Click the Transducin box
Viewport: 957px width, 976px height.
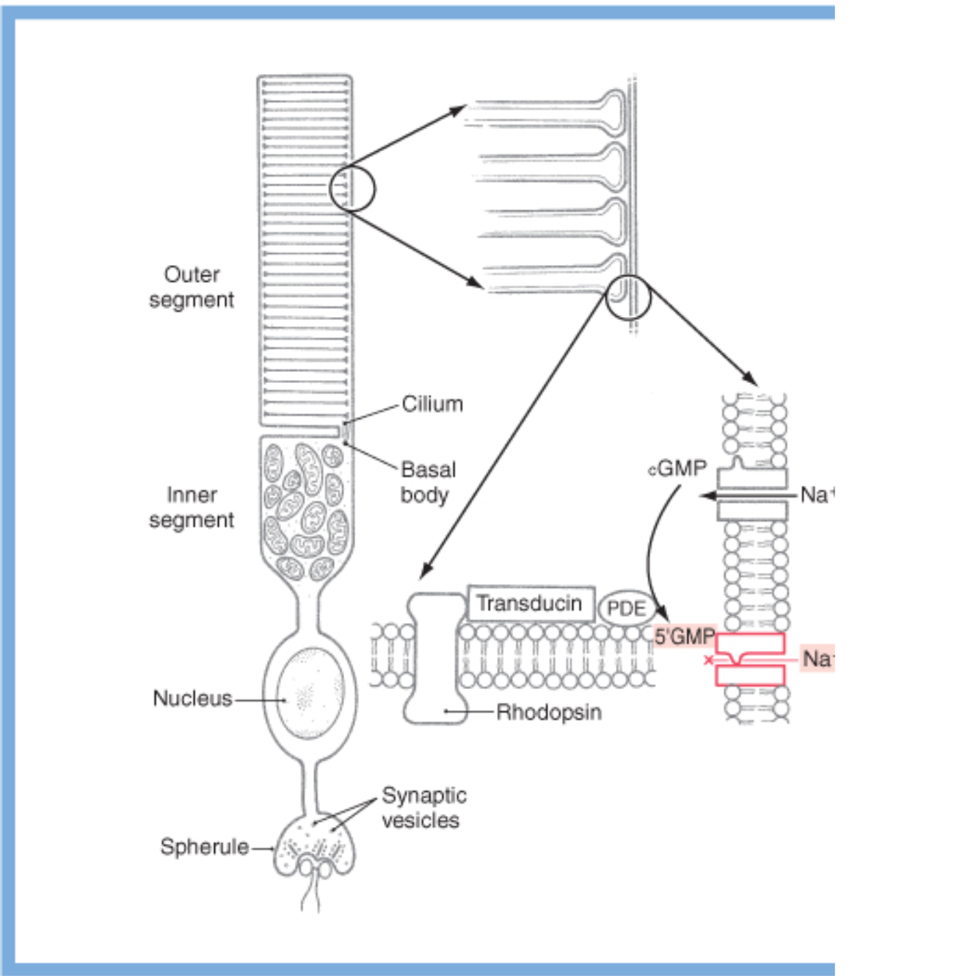pyautogui.click(x=530, y=603)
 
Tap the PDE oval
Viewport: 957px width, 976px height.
pyautogui.click(x=626, y=608)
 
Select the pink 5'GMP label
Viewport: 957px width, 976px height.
pyautogui.click(x=684, y=636)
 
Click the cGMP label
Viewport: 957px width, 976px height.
pyautogui.click(x=677, y=468)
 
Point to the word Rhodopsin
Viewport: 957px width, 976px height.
pyautogui.click(x=549, y=712)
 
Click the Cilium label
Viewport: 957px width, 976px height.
pyautogui.click(x=432, y=404)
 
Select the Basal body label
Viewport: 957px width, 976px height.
pyautogui.click(x=427, y=482)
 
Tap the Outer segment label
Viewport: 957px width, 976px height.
pyautogui.click(x=192, y=287)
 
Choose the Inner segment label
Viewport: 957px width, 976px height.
pyautogui.click(x=192, y=507)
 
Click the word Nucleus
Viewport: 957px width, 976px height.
pyautogui.click(x=192, y=698)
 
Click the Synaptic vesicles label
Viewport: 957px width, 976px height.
pyautogui.click(x=423, y=807)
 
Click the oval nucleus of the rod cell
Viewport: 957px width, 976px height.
pyautogui.click(x=310, y=694)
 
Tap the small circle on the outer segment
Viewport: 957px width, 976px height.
pyautogui.click(x=352, y=189)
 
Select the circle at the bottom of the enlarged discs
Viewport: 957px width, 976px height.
pyautogui.click(x=628, y=297)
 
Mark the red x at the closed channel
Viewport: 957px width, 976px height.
pyautogui.click(x=708, y=660)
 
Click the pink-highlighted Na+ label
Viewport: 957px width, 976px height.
pyautogui.click(x=817, y=658)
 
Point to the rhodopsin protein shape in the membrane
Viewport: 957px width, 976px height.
pyautogui.click(x=435, y=658)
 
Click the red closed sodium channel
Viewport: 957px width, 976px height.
pyautogui.click(x=750, y=659)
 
